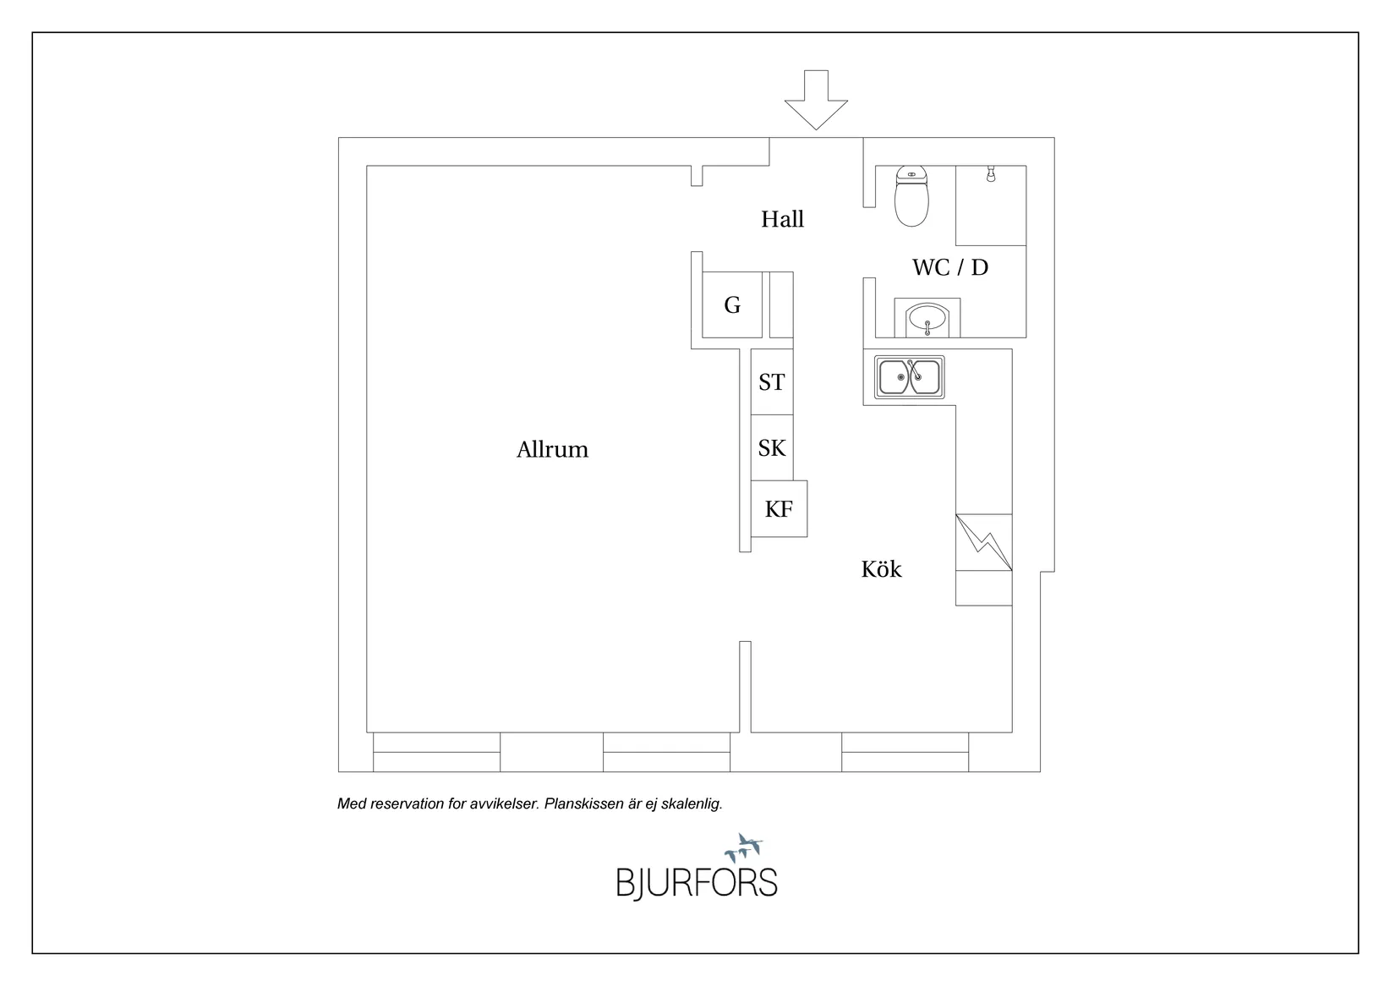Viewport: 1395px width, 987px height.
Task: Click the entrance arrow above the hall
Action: [x=816, y=100]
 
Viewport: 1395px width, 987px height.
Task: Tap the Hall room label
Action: [x=782, y=219]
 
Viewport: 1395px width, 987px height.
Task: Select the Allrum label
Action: [x=552, y=449]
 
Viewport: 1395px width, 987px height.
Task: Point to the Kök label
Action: [x=881, y=569]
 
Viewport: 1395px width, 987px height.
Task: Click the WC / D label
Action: [x=950, y=267]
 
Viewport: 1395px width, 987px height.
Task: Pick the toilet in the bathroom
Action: [x=911, y=195]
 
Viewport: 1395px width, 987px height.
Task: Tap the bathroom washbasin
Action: [x=927, y=318]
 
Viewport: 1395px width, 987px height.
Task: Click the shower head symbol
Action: [x=991, y=174]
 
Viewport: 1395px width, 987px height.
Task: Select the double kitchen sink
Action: [x=909, y=377]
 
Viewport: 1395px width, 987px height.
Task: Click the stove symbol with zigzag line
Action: [x=984, y=542]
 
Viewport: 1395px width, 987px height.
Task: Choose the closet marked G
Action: [x=732, y=304]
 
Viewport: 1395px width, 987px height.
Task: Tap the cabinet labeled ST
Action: [x=772, y=382]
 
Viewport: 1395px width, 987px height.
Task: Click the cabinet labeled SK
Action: [x=772, y=448]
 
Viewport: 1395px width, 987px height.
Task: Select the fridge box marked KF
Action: [x=779, y=508]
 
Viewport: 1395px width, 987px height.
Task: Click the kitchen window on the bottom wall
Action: [x=905, y=752]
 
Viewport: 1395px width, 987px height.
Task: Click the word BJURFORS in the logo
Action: [x=697, y=883]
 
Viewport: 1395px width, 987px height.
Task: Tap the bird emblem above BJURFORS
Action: [x=744, y=848]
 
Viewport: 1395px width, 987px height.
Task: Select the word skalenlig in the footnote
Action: [x=692, y=803]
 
